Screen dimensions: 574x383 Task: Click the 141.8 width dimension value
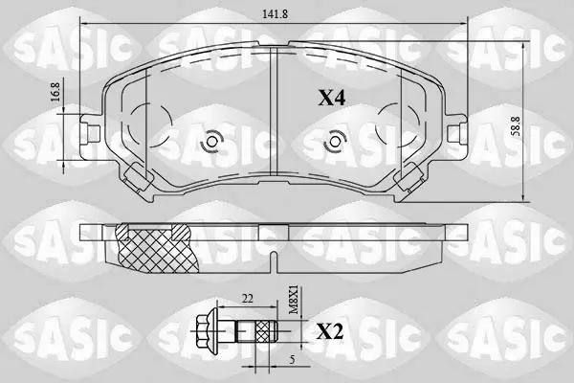pos(275,14)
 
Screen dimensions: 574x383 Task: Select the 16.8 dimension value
pos(55,92)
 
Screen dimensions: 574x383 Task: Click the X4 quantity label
pos(331,98)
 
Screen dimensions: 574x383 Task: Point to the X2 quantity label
pos(329,331)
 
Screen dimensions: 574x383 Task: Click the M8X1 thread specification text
pos(294,300)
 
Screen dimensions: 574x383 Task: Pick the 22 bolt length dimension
pos(248,299)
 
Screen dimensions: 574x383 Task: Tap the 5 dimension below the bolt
pos(292,360)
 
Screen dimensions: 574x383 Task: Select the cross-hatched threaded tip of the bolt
pos(266,331)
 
